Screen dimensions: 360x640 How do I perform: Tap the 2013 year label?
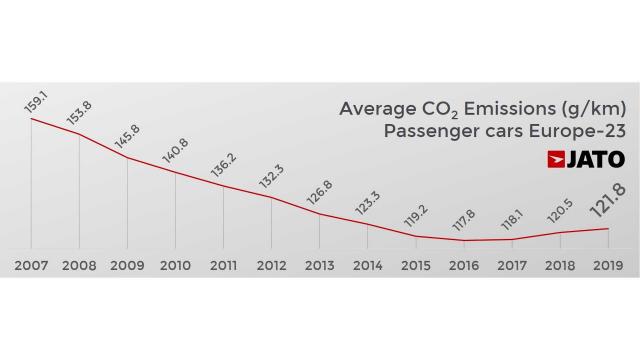[x=319, y=266]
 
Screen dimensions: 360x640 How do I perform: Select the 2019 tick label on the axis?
[x=607, y=266]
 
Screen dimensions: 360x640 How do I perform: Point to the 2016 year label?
[x=463, y=266]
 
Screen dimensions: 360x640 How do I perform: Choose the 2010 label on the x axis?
[x=175, y=266]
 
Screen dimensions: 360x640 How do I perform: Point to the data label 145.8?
[x=129, y=137]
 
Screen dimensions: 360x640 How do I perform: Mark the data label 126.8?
[x=321, y=192]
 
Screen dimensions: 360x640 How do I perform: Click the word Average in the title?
[x=376, y=108]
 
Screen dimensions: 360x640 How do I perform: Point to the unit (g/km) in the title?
[x=591, y=108]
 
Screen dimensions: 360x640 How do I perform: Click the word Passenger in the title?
[x=426, y=133]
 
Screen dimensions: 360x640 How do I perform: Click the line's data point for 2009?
[x=127, y=158]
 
